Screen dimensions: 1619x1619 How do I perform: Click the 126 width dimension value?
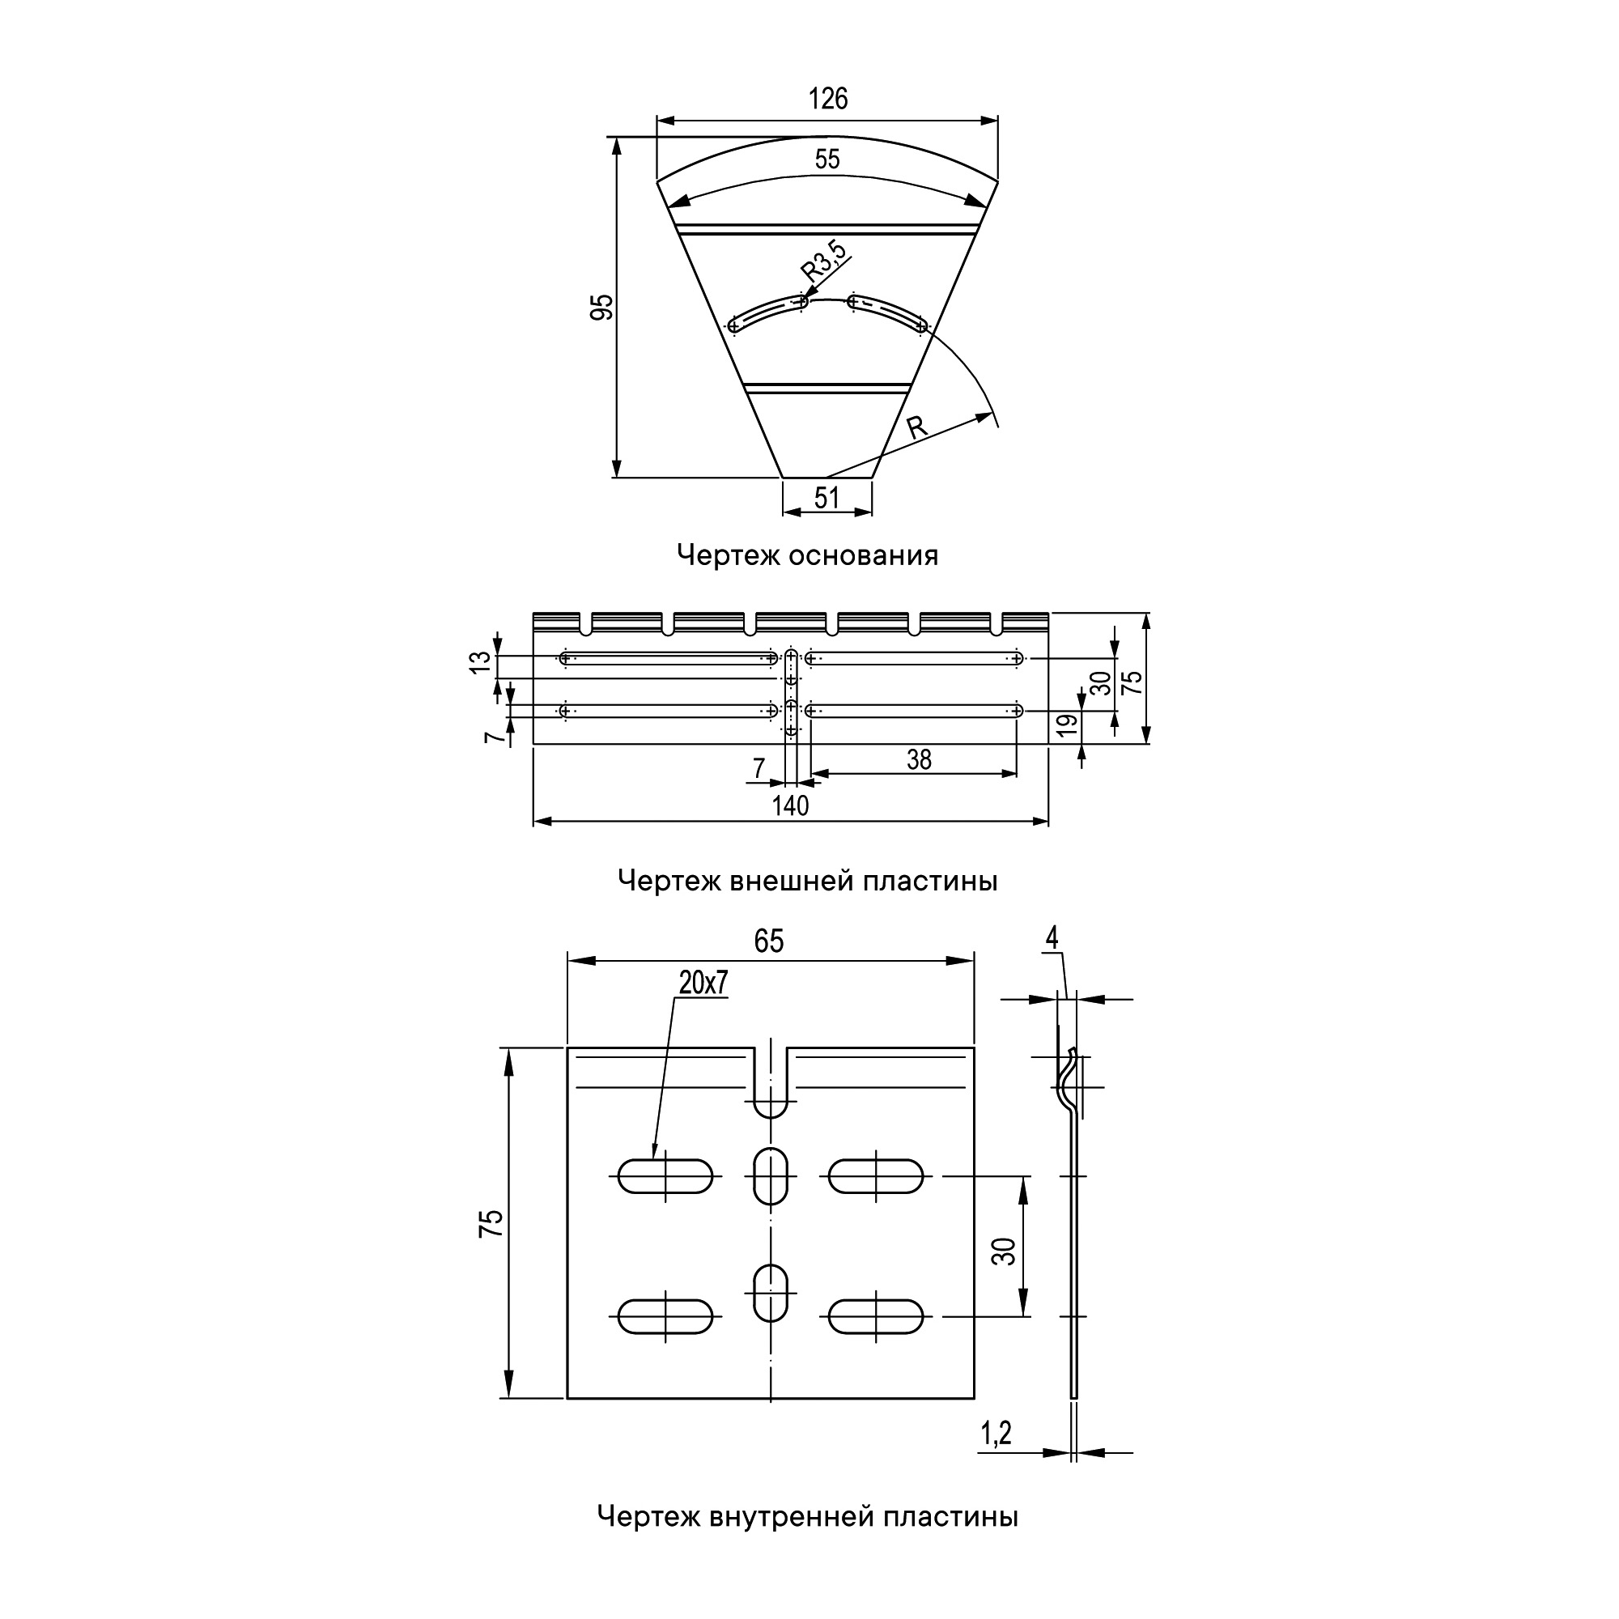pyautogui.click(x=828, y=99)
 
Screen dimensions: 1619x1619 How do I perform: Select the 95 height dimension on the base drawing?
pyautogui.click(x=601, y=308)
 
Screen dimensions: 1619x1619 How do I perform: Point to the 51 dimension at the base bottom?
pyautogui.click(x=827, y=498)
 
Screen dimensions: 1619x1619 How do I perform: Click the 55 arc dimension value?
pyautogui.click(x=827, y=159)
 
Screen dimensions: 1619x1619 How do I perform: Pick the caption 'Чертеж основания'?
pyautogui.click(x=808, y=555)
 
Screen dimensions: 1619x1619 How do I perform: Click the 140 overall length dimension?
pyautogui.click(x=790, y=805)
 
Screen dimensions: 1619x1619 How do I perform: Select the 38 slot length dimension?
pyautogui.click(x=920, y=759)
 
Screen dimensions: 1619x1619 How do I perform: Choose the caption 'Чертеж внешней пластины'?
pyautogui.click(x=808, y=881)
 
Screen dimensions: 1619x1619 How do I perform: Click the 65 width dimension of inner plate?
pyautogui.click(x=768, y=941)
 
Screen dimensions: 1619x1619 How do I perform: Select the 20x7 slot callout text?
pyautogui.click(x=703, y=983)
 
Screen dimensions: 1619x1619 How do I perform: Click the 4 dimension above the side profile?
pyautogui.click(x=1052, y=938)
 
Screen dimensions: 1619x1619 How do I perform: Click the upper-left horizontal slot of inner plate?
pyautogui.click(x=665, y=1175)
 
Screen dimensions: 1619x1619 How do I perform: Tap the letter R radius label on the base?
pyautogui.click(x=918, y=427)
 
